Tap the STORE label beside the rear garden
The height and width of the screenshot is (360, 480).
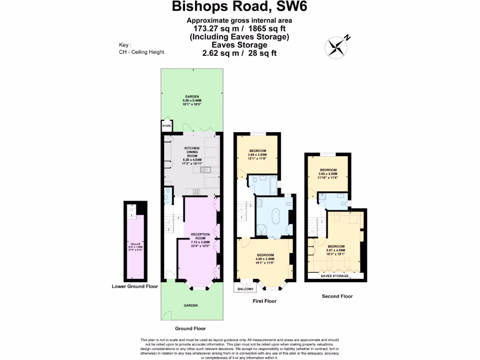point(166,126)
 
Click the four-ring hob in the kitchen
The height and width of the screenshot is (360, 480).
point(196,191)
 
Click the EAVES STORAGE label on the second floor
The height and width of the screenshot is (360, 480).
point(334,276)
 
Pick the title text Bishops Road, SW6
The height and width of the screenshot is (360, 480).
point(240,7)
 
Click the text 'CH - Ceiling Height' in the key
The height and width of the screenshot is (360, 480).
point(142,52)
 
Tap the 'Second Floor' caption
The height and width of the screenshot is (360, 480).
point(337,296)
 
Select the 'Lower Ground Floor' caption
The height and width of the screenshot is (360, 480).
point(135,286)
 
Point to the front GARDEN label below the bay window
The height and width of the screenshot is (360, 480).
point(190,305)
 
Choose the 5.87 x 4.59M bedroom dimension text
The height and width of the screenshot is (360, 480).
point(336,250)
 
